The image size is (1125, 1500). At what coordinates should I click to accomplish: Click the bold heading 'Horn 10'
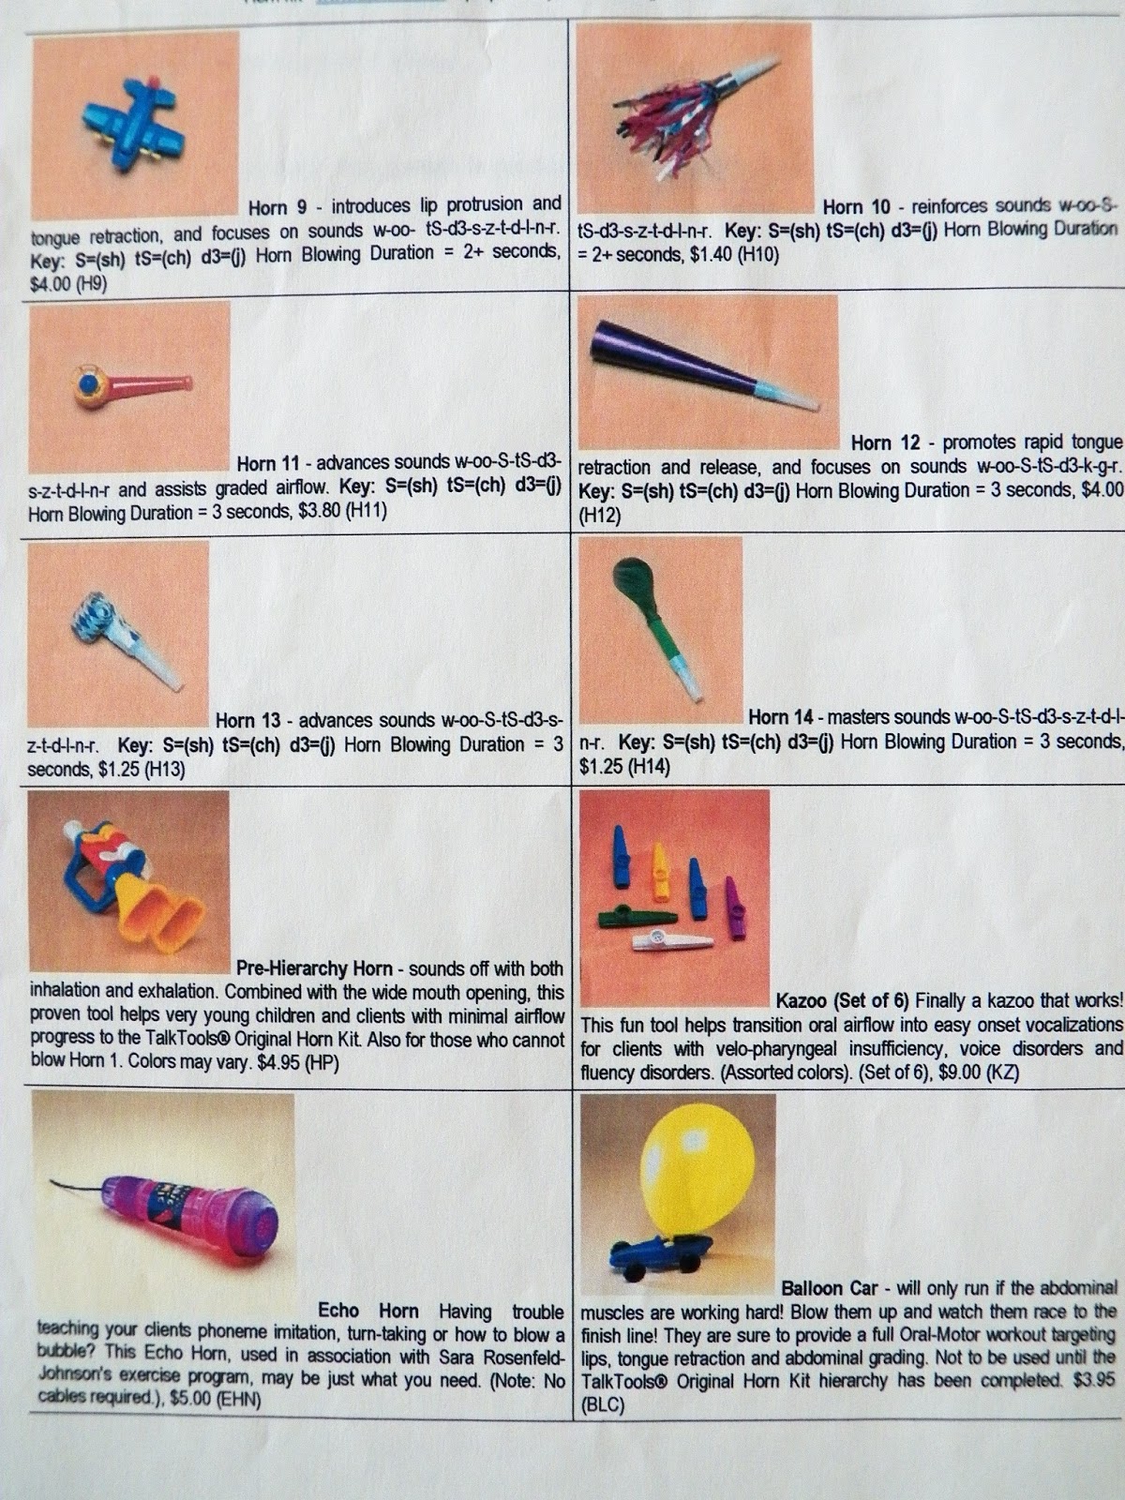856,206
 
